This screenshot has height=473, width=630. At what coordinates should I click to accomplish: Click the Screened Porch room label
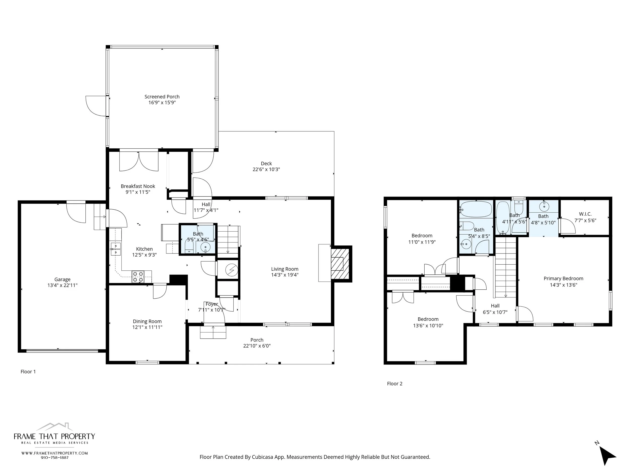(x=162, y=97)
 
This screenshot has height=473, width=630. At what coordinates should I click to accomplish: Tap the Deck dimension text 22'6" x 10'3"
(x=266, y=169)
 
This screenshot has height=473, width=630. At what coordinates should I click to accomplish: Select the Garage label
(x=62, y=280)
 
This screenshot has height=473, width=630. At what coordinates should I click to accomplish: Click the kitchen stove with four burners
(x=138, y=277)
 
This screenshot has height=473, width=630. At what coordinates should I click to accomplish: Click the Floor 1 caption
(x=28, y=372)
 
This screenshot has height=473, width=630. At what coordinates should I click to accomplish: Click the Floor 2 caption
(x=394, y=383)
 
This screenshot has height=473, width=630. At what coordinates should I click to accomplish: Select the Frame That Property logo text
(x=54, y=436)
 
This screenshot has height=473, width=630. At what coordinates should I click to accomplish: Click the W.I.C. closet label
(x=585, y=214)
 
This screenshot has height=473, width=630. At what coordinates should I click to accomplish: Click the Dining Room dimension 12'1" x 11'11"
(x=147, y=327)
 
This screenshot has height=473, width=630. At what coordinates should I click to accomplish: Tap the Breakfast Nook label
(x=138, y=186)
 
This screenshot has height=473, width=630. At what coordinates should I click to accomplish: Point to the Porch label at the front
(x=257, y=340)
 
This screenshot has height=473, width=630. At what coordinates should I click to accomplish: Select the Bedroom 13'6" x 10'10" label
(x=428, y=319)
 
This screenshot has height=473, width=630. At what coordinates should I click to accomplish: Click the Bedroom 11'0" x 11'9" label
(x=422, y=236)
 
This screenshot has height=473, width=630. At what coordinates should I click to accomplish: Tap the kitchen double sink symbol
(x=116, y=249)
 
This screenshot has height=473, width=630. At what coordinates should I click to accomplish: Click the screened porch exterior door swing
(x=97, y=106)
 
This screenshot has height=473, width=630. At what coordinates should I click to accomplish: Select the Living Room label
(x=285, y=269)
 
